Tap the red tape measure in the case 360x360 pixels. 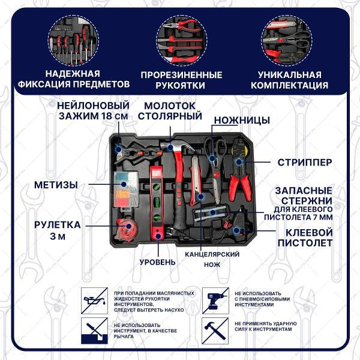tap(125, 230)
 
